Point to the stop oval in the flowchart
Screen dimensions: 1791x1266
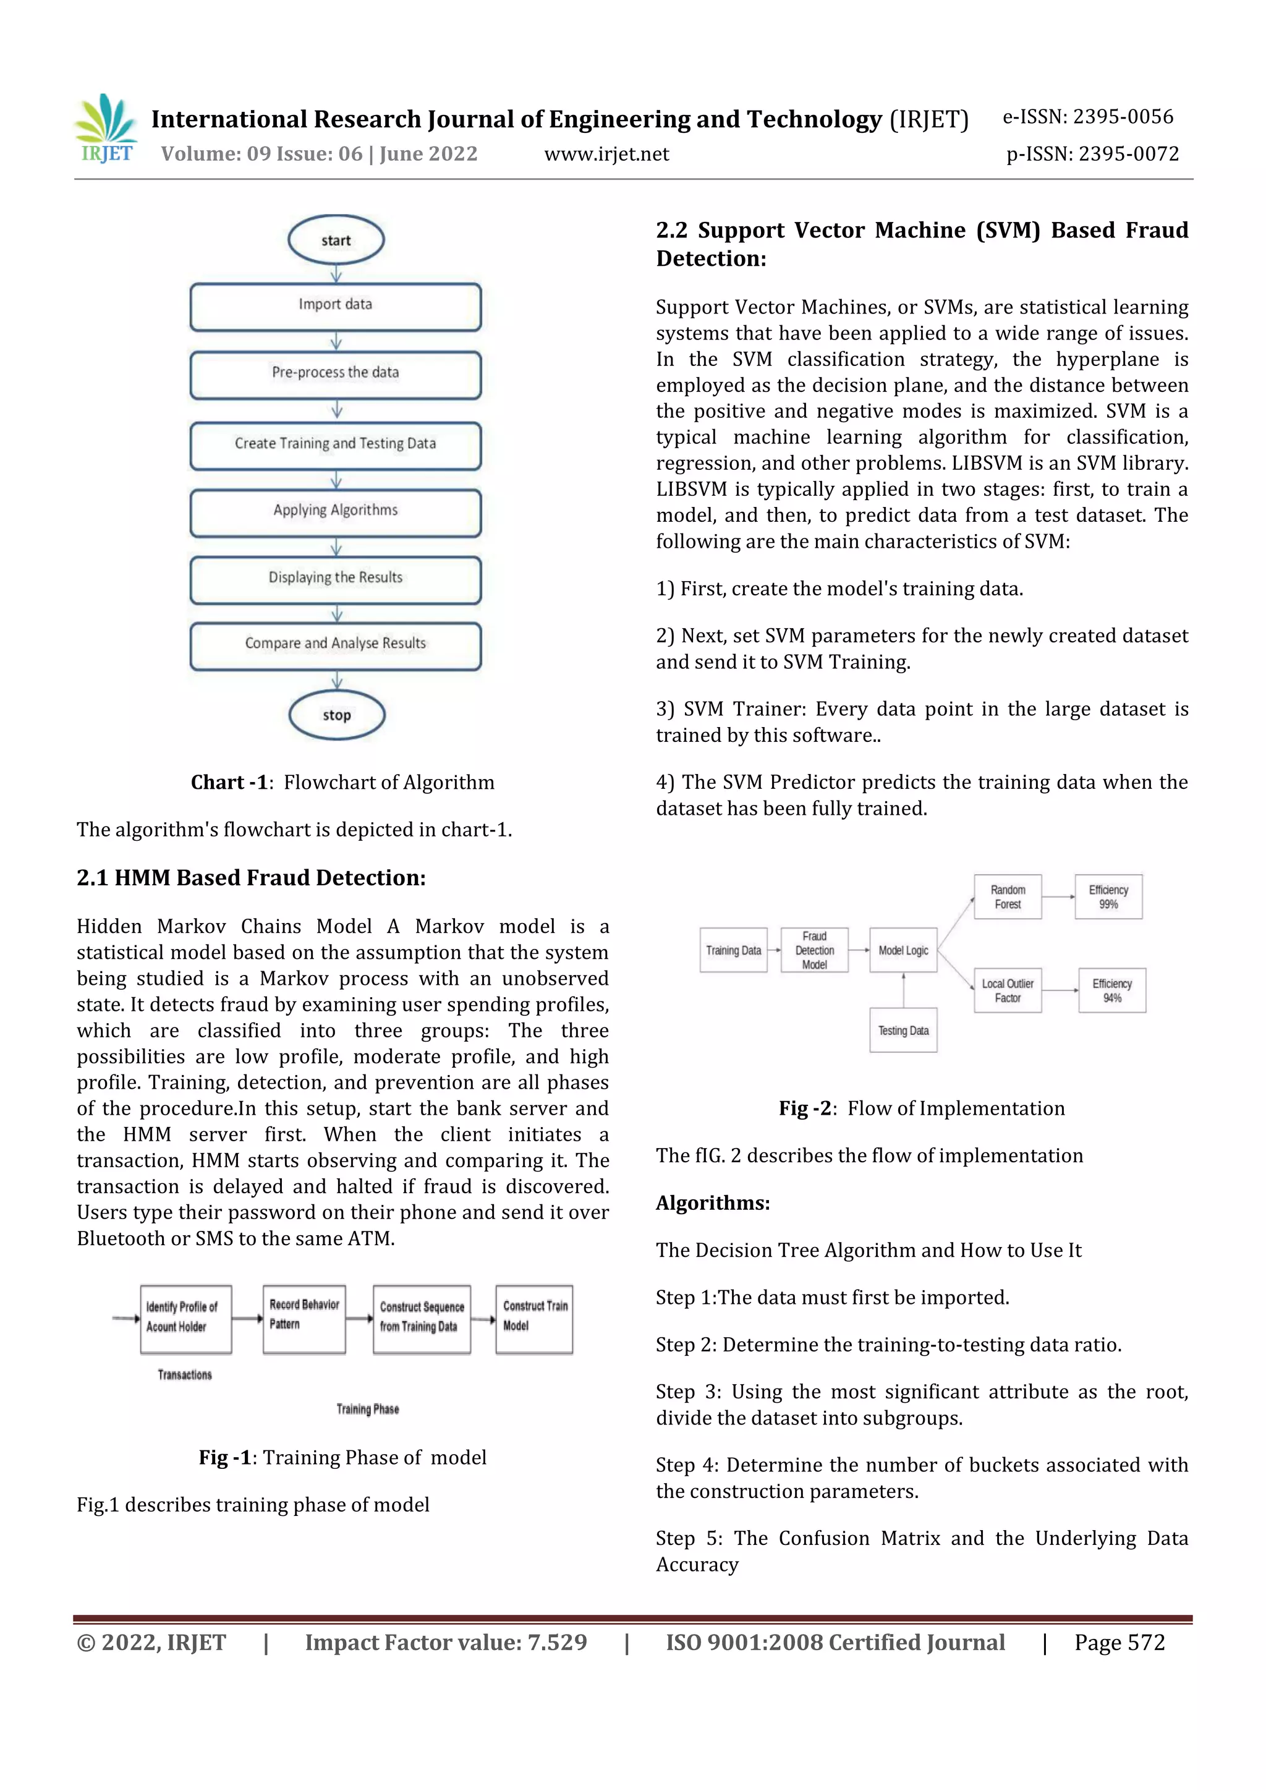point(336,715)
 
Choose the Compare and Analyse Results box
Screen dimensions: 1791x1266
point(336,645)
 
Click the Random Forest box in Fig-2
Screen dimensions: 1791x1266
point(1007,897)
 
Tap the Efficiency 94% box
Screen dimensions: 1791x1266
point(1111,990)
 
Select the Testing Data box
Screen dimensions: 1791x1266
point(903,1031)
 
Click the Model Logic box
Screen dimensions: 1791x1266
point(903,950)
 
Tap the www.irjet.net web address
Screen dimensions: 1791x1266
point(606,155)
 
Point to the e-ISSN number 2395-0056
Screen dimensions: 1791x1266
point(1123,117)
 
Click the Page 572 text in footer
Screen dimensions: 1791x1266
point(1119,1643)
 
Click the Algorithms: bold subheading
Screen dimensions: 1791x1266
point(712,1203)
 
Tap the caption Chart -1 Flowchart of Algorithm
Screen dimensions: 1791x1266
point(342,783)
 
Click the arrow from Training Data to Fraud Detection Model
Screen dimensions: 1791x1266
point(774,950)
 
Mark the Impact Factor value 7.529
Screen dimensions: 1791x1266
point(446,1643)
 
